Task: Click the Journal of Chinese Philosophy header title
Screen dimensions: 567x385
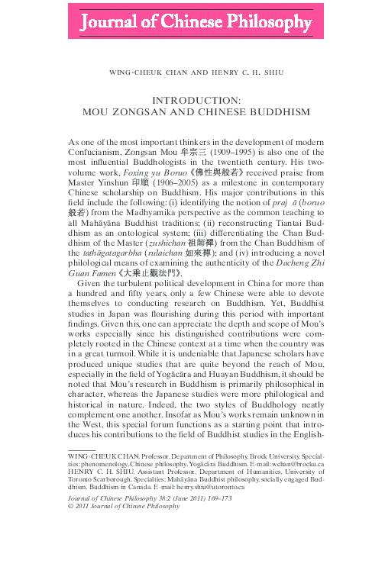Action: (192, 22)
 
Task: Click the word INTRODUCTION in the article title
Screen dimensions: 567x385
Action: (192, 100)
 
